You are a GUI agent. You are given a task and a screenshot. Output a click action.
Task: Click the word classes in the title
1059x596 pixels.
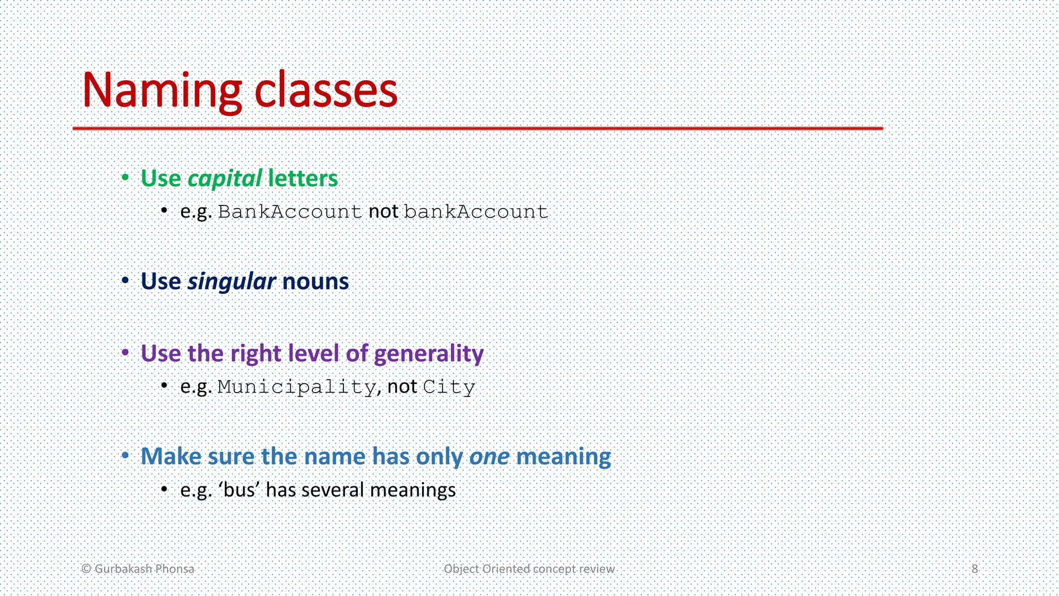pos(326,91)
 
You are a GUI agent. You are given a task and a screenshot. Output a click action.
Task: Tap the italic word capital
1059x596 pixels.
pos(224,179)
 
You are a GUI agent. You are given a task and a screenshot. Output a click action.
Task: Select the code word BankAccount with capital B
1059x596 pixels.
pos(290,212)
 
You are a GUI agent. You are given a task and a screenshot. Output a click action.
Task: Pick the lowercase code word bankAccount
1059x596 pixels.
pos(476,212)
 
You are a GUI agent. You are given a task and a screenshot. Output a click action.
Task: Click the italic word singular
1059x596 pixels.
pos(231,282)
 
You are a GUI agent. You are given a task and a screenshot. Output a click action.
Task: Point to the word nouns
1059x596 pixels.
pos(315,282)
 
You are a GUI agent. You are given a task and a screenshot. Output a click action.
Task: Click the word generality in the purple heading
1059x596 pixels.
pos(429,354)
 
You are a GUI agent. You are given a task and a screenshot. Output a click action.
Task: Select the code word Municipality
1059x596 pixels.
pos(296,387)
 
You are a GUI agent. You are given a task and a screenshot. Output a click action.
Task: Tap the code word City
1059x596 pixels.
pos(449,387)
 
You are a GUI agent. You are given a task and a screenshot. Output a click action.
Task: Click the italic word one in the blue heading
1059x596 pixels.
pos(489,457)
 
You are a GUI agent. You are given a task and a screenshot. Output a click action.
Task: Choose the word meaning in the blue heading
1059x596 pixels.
pos(564,457)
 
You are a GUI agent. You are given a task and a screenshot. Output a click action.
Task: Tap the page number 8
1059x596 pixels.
pos(974,569)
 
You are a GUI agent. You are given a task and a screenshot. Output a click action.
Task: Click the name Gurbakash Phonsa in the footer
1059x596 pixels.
pos(144,569)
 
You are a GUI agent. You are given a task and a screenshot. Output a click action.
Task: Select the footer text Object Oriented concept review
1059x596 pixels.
pos(529,569)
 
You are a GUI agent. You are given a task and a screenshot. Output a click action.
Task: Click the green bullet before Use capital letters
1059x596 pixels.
pos(125,178)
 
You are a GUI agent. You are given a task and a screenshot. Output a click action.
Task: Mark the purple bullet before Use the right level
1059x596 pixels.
pos(125,353)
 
